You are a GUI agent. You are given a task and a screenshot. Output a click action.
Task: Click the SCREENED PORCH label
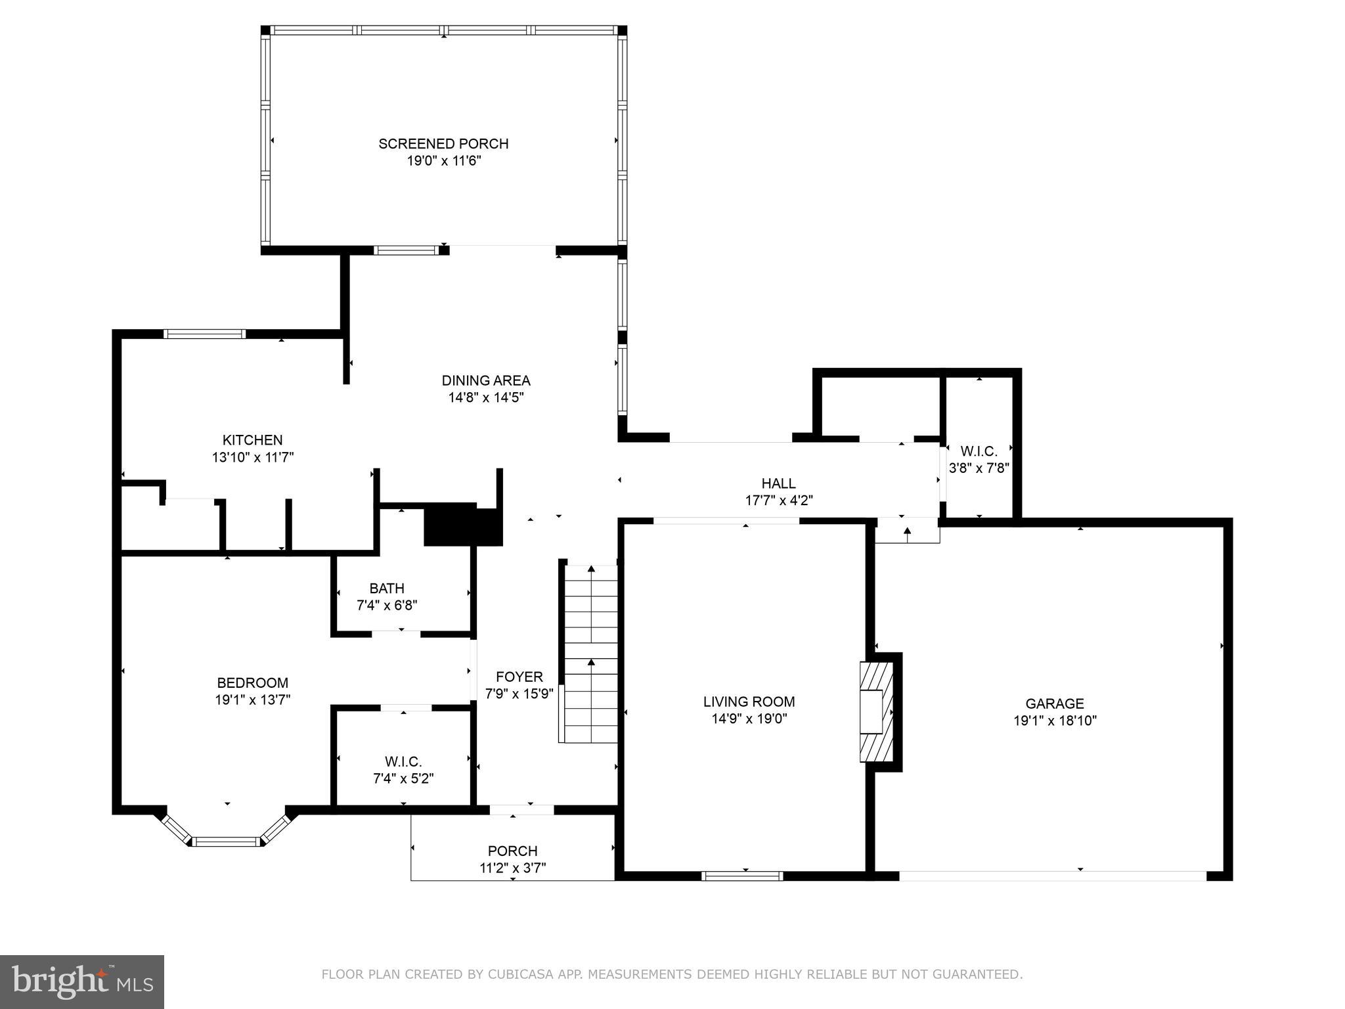coord(443,144)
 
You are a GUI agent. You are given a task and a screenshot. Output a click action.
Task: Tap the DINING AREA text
coord(485,380)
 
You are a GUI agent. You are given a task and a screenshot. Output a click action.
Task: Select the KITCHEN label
coord(252,440)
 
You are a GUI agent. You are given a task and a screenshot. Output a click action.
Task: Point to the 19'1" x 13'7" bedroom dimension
coord(252,700)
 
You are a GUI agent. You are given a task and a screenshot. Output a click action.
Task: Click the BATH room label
coord(387,589)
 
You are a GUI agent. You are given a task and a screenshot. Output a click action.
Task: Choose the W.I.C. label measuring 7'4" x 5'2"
coord(403,762)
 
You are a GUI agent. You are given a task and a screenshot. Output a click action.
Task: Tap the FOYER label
coord(519,677)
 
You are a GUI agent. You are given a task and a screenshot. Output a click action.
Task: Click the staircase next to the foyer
coord(591,654)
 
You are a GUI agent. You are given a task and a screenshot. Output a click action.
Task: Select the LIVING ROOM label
coord(749,702)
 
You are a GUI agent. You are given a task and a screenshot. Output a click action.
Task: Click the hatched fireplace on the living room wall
coord(877,711)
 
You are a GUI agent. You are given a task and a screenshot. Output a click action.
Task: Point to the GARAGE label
coord(1055,704)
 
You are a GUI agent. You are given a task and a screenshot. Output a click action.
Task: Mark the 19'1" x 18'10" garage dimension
coord(1055,721)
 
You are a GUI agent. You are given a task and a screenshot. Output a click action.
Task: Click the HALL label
coord(779,483)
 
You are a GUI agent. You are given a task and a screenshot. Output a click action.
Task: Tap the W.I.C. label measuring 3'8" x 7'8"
coord(979,451)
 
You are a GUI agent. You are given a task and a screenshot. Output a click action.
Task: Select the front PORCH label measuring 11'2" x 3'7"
coord(512,851)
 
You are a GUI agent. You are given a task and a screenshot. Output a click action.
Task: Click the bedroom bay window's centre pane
coord(227,841)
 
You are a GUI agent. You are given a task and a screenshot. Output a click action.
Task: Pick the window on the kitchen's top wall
coord(204,334)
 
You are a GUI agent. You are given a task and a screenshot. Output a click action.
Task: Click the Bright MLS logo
coord(82,982)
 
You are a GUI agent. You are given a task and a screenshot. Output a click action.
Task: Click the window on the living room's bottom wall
coord(743,876)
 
